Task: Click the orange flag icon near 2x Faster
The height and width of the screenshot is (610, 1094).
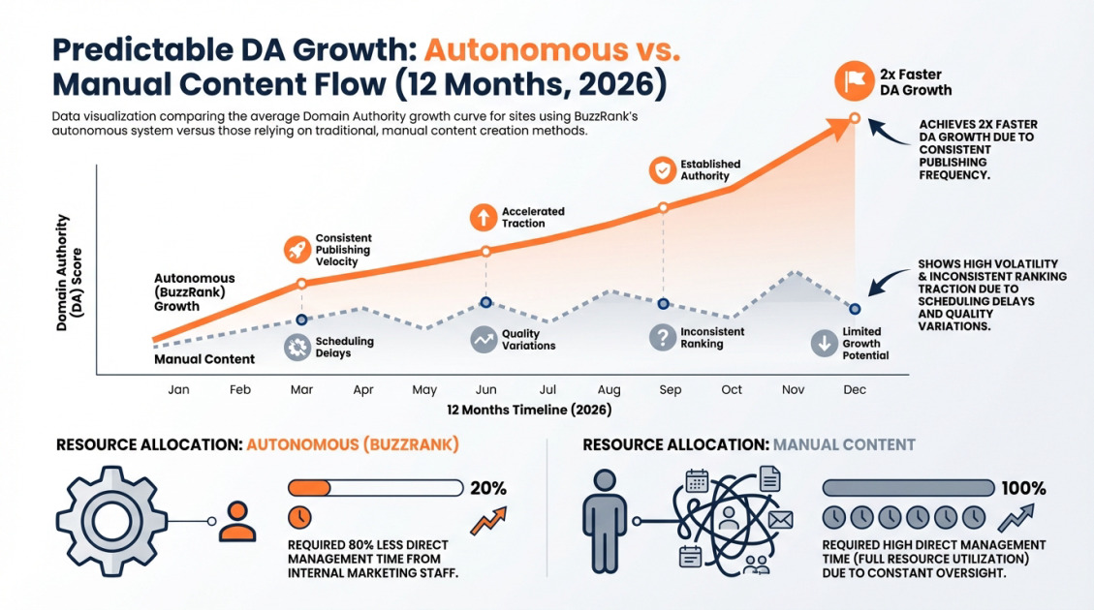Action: tap(854, 81)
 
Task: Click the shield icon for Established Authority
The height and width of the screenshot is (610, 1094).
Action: tap(663, 170)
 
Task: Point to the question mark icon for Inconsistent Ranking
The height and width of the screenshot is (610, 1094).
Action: tap(663, 337)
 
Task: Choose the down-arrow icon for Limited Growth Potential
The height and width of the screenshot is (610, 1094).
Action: tap(824, 343)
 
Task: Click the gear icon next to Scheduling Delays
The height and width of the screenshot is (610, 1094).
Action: tap(298, 348)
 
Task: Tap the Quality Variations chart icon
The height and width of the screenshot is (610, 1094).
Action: tap(484, 340)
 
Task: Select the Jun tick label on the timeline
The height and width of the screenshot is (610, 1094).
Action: tap(486, 389)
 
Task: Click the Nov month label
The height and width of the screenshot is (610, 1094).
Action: tap(793, 389)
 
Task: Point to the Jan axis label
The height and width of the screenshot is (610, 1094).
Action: tap(178, 389)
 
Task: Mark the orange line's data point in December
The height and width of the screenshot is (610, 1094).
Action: tap(854, 118)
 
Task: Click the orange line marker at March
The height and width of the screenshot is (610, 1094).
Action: tap(301, 284)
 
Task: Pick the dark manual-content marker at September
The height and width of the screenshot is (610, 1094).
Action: tap(663, 303)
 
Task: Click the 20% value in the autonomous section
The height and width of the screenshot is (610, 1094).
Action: tap(487, 488)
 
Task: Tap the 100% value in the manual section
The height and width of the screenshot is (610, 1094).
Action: tap(1023, 488)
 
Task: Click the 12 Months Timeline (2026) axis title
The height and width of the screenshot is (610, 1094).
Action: tap(529, 410)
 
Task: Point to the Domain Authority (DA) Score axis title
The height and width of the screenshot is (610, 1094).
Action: tap(69, 274)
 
